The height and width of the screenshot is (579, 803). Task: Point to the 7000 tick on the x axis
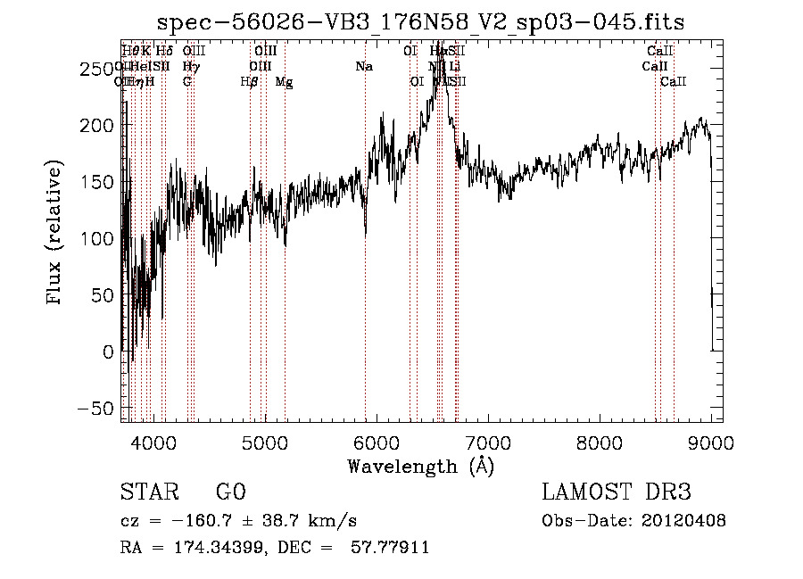[487, 442]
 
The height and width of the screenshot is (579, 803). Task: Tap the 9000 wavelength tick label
[710, 442]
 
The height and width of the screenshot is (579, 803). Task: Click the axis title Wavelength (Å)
[420, 466]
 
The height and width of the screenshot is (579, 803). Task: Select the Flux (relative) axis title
[55, 232]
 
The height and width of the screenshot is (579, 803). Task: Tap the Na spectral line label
[364, 67]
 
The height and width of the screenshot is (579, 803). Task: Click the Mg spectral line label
[284, 82]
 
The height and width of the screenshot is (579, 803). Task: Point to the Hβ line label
[250, 82]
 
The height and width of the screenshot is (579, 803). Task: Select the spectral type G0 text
[230, 492]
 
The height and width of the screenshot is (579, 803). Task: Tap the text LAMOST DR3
[617, 492]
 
